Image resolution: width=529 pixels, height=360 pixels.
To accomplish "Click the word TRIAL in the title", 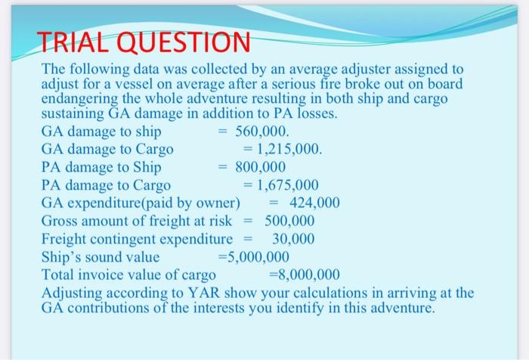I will pos(67,42).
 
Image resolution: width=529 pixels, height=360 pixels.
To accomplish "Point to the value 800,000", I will pos(261,166).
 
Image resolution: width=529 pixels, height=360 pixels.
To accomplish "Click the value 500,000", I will pos(289,220).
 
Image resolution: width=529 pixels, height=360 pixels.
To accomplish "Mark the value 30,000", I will pos(293,238).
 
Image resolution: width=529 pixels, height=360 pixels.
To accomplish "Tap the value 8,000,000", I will pos(308,274).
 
